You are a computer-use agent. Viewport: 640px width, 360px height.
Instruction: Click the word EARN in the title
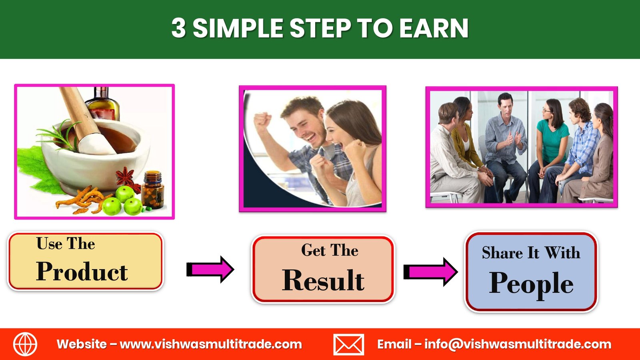coord(434,28)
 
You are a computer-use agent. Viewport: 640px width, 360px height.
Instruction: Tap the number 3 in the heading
coord(179,28)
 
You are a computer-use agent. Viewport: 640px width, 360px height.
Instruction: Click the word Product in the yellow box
coord(82,271)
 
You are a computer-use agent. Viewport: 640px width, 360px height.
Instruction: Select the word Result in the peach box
coord(323,280)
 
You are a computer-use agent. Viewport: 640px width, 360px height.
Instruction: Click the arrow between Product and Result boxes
coord(210,270)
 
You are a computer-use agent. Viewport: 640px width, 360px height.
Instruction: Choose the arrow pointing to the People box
coord(430,272)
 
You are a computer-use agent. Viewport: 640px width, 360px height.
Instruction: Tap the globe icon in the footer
coord(25,344)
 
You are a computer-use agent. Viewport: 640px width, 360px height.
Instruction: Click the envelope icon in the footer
coord(348,344)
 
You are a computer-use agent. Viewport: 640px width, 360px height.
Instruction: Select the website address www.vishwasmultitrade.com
coord(211,344)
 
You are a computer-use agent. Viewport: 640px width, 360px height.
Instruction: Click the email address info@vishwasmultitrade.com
coord(518,344)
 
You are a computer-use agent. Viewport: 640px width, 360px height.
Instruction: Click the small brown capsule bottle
coord(153,190)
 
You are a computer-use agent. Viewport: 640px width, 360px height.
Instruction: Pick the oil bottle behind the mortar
coord(102,104)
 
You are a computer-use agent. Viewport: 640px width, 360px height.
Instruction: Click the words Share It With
coord(531,252)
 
